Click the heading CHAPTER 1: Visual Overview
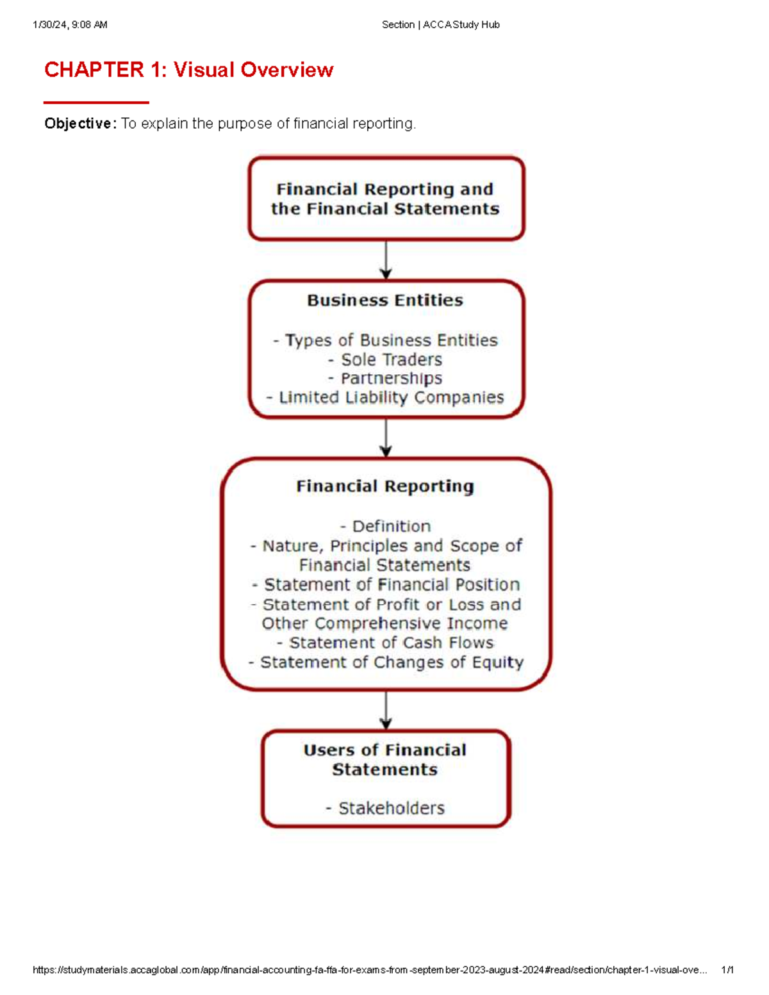(x=188, y=70)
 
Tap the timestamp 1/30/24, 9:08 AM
(x=70, y=25)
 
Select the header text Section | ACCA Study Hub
(x=440, y=25)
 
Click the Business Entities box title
(x=385, y=300)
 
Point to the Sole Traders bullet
(x=385, y=359)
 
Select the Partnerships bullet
(x=385, y=379)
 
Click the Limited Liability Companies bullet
(x=385, y=398)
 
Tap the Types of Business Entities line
(x=385, y=340)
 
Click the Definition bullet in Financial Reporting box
(x=385, y=527)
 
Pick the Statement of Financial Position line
(x=385, y=585)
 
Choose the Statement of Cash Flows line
(x=385, y=643)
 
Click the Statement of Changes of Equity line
(x=385, y=662)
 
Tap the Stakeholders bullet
(x=385, y=809)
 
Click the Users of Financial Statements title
(x=385, y=760)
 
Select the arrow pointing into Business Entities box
(x=386, y=260)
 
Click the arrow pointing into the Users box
(x=386, y=710)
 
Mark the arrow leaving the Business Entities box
(x=386, y=438)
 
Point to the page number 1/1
(x=727, y=970)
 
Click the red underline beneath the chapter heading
(x=96, y=103)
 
